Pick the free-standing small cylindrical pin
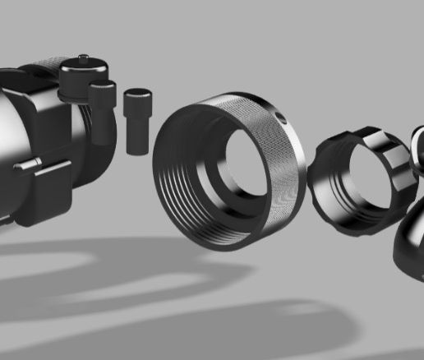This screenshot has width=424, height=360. [x=136, y=121]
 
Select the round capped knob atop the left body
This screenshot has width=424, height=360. [x=81, y=74]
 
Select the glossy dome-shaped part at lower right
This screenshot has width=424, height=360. [x=407, y=247]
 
